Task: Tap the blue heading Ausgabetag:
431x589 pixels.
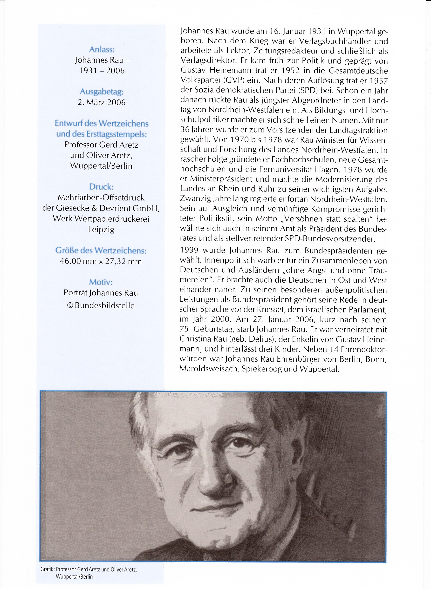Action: pyautogui.click(x=102, y=92)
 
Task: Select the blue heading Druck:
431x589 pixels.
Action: pyautogui.click(x=101, y=187)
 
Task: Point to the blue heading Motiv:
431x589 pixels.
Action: pyautogui.click(x=101, y=282)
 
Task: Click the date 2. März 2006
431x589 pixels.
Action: pyautogui.click(x=102, y=102)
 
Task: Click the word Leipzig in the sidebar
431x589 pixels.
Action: pyautogui.click(x=101, y=229)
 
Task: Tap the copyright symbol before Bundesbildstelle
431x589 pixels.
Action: pyautogui.click(x=70, y=305)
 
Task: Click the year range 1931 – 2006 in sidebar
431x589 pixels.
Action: pyautogui.click(x=102, y=71)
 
